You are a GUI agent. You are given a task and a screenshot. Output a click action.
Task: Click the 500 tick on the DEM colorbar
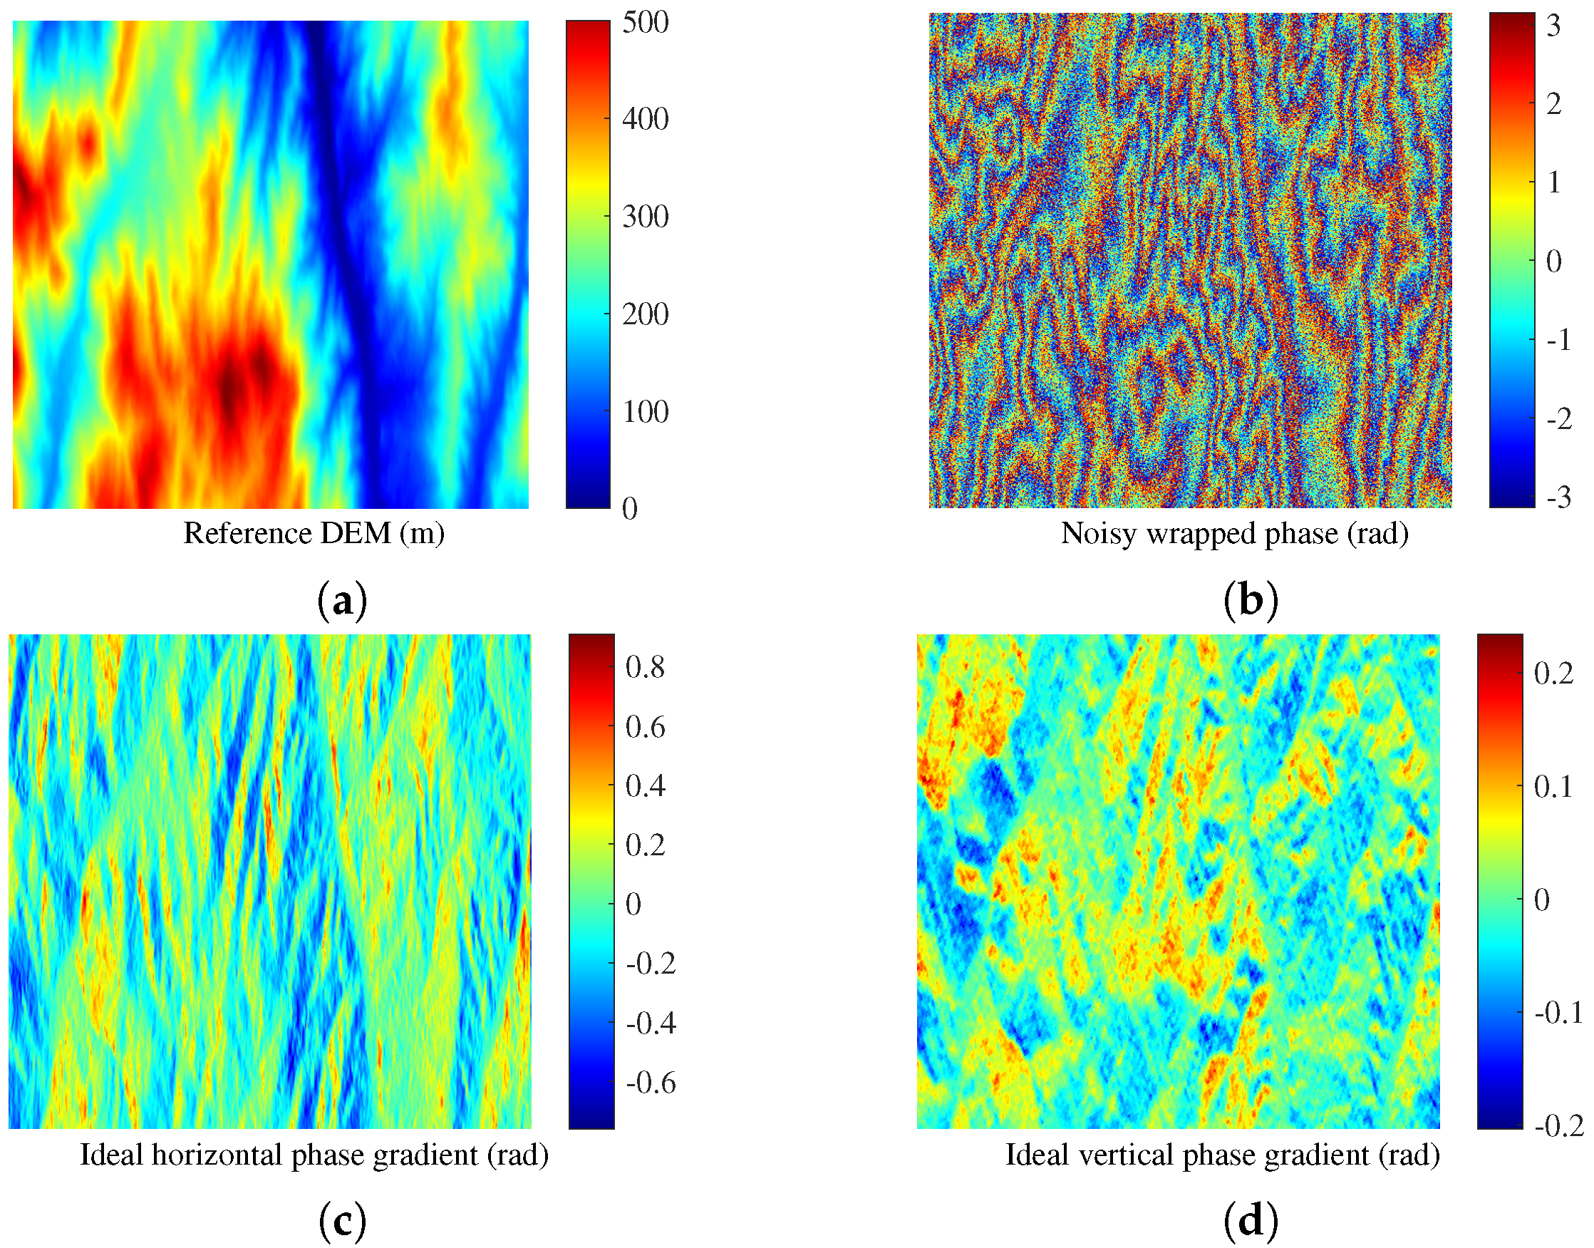point(645,22)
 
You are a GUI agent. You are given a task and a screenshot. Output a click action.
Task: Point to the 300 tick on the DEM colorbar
point(645,216)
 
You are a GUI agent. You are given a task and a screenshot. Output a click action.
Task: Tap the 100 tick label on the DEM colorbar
point(645,411)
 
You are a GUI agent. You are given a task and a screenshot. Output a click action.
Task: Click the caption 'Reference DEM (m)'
point(314,532)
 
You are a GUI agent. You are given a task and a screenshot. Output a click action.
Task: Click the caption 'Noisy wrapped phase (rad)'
point(1234,532)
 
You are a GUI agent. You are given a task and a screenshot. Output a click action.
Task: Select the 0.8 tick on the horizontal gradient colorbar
point(645,667)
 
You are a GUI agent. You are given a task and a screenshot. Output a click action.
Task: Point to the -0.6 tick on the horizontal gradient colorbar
point(651,1082)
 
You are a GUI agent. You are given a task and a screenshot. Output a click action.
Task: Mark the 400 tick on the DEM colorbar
point(645,119)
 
